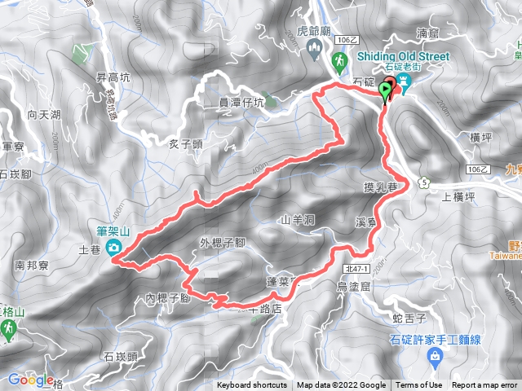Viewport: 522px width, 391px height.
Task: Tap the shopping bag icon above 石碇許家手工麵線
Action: pyautogui.click(x=435, y=355)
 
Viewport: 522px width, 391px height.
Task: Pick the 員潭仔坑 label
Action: pyautogui.click(x=242, y=103)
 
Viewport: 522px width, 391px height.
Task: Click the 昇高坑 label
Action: pyautogui.click(x=113, y=77)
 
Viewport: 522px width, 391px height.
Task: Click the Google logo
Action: pyautogui.click(x=29, y=379)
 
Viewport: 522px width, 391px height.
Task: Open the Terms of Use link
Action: pyautogui.click(x=418, y=385)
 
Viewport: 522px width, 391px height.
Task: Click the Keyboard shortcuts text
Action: pyautogui.click(x=252, y=385)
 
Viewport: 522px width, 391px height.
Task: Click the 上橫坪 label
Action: pyautogui.click(x=458, y=196)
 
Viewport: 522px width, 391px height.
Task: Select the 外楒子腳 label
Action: pyautogui.click(x=223, y=243)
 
